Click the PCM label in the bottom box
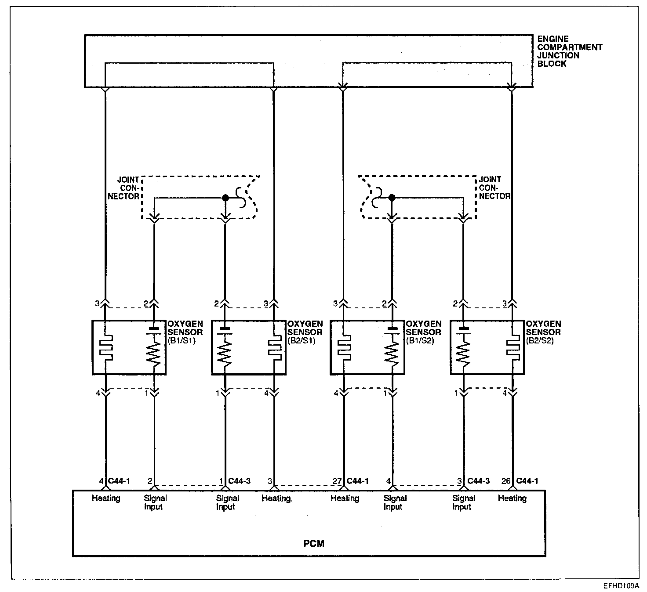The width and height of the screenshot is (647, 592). pos(314,543)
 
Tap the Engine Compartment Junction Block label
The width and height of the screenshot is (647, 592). pos(569,51)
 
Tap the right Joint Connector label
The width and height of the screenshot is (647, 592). pos(494,188)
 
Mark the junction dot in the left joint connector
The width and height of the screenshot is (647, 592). pos(225,198)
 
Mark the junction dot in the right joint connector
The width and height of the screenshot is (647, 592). pos(392,198)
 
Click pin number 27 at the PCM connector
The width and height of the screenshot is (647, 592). pos(337,481)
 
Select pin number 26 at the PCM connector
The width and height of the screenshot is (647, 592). pos(505,481)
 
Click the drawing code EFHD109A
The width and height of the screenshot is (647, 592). pos(621,586)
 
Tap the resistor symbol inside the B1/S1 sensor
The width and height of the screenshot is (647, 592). pos(154,354)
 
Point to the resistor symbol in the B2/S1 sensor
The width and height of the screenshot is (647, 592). pos(225,354)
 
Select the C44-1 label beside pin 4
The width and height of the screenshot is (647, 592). pos(119,481)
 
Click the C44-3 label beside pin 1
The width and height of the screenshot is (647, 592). pos(240,481)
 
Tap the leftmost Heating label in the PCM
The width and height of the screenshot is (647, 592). pos(106,498)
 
